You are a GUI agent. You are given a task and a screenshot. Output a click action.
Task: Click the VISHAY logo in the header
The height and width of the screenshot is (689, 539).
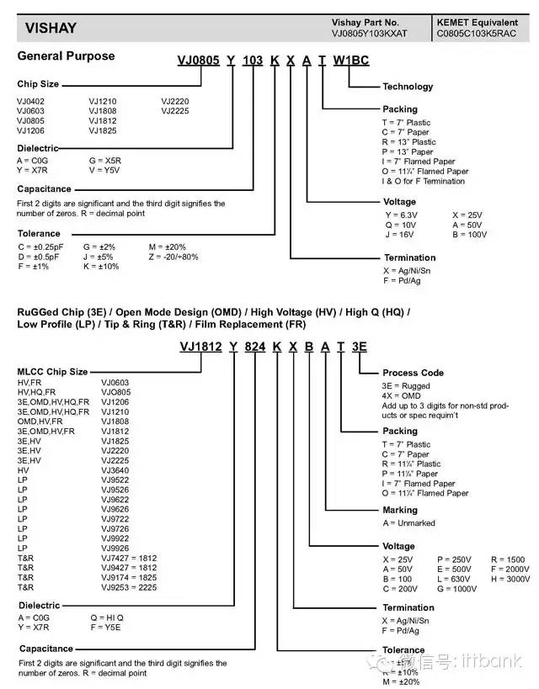click(x=51, y=28)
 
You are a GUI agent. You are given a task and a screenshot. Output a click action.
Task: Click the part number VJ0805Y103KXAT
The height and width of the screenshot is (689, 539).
click(x=370, y=34)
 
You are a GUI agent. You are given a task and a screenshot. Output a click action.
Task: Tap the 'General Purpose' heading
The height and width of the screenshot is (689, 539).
click(x=66, y=56)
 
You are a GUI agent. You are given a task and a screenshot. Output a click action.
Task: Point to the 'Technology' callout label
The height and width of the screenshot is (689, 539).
click(x=408, y=87)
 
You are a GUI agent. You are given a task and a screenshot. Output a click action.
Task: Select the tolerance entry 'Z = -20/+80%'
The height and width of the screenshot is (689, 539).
click(x=173, y=257)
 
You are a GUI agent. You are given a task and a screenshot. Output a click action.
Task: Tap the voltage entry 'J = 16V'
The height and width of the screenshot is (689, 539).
click(x=402, y=235)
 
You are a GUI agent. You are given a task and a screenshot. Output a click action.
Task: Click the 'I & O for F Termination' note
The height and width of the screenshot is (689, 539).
click(x=423, y=181)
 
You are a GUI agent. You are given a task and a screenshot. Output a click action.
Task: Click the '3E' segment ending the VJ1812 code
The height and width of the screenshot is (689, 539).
click(x=359, y=347)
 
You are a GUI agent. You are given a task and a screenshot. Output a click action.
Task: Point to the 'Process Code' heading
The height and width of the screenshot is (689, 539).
click(x=413, y=373)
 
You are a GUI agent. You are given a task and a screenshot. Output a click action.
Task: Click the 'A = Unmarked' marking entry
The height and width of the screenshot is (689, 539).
click(x=408, y=522)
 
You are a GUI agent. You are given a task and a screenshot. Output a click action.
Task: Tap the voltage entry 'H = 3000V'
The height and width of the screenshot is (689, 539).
click(x=510, y=580)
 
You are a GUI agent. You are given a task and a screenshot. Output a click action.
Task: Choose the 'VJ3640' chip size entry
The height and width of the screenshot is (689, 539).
click(x=116, y=470)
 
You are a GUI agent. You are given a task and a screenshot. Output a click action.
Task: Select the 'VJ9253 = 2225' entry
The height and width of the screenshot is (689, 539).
click(x=129, y=587)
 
